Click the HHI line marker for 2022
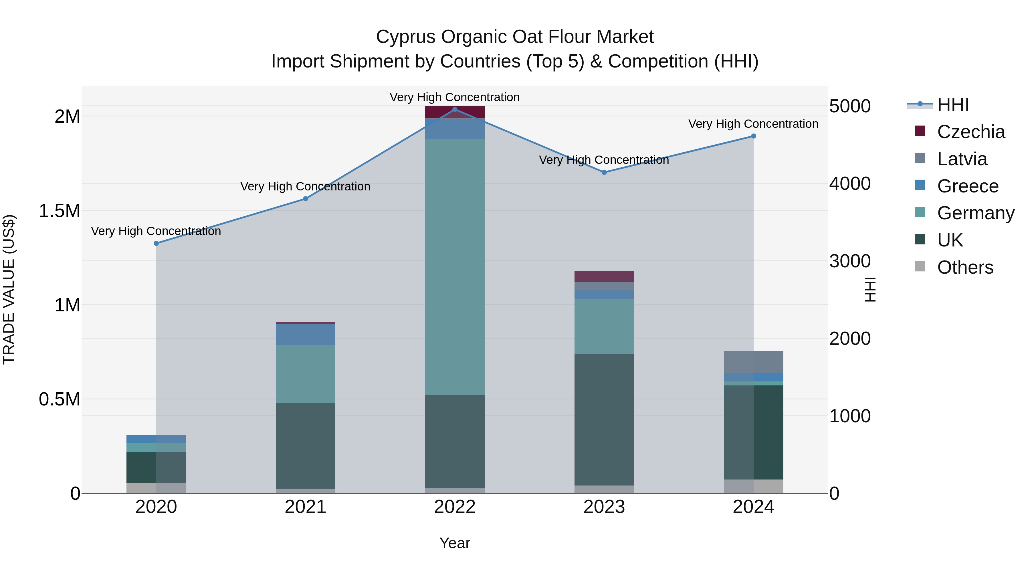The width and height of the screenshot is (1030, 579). (x=455, y=110)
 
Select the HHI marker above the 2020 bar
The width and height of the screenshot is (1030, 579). (x=156, y=243)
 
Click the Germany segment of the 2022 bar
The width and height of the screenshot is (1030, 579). (x=455, y=267)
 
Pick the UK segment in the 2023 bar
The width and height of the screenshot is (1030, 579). (x=604, y=419)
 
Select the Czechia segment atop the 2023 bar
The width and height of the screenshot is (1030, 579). (x=604, y=276)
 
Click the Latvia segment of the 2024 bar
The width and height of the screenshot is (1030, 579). (x=753, y=362)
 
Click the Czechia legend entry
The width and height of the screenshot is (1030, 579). (x=970, y=132)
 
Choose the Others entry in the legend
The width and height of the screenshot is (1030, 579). (x=965, y=267)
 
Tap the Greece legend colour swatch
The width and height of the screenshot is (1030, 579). (x=920, y=185)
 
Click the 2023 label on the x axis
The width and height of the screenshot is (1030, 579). (x=604, y=507)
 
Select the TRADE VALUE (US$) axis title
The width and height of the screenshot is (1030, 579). (x=9, y=289)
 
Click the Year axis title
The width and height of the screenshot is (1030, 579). (x=455, y=543)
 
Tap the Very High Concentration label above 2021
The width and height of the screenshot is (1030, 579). (x=306, y=187)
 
